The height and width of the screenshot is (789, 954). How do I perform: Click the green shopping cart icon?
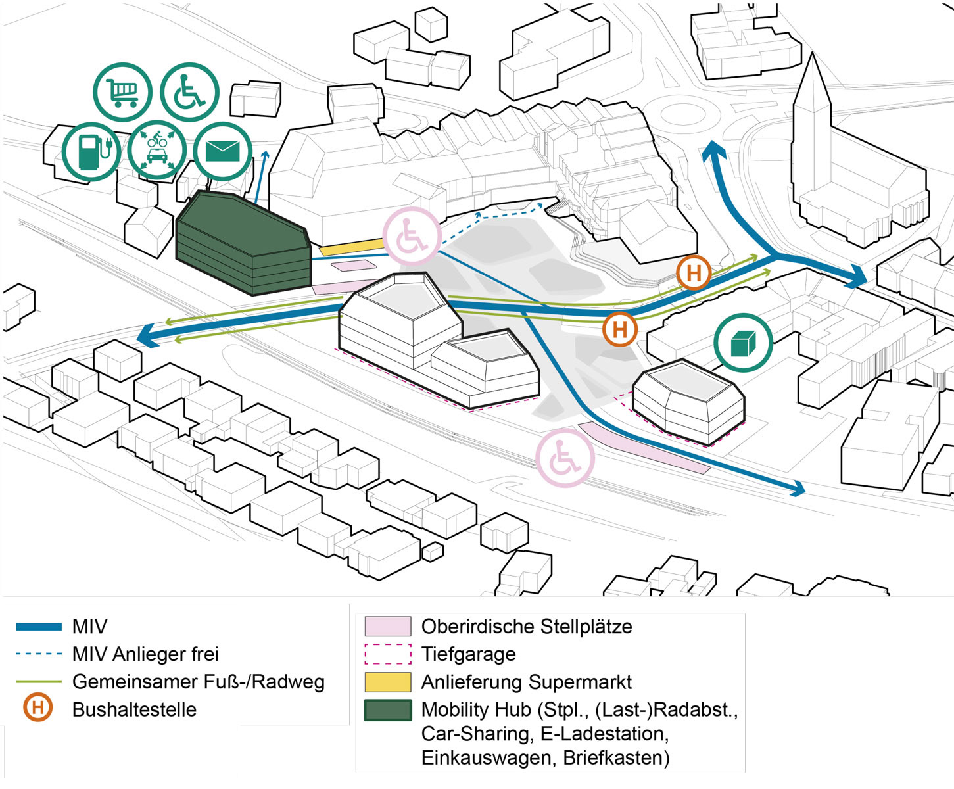click(x=123, y=93)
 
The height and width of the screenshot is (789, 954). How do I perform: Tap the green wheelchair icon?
click(x=189, y=93)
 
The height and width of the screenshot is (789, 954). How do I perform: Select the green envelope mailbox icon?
click(x=223, y=151)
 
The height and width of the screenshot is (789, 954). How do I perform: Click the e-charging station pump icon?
click(x=91, y=151)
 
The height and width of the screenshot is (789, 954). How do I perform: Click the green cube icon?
click(x=742, y=342)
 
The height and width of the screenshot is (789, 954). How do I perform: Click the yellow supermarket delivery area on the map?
click(x=352, y=247)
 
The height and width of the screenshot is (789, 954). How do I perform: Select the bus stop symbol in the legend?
click(x=38, y=708)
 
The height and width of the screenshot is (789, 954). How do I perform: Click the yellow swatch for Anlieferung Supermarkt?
click(x=388, y=682)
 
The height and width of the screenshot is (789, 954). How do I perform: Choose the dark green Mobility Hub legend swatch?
click(x=388, y=710)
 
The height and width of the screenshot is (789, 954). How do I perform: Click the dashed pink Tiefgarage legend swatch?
click(x=388, y=654)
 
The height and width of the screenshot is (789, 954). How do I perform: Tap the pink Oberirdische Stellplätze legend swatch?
click(x=388, y=626)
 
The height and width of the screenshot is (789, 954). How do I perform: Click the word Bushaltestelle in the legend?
click(x=134, y=710)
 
